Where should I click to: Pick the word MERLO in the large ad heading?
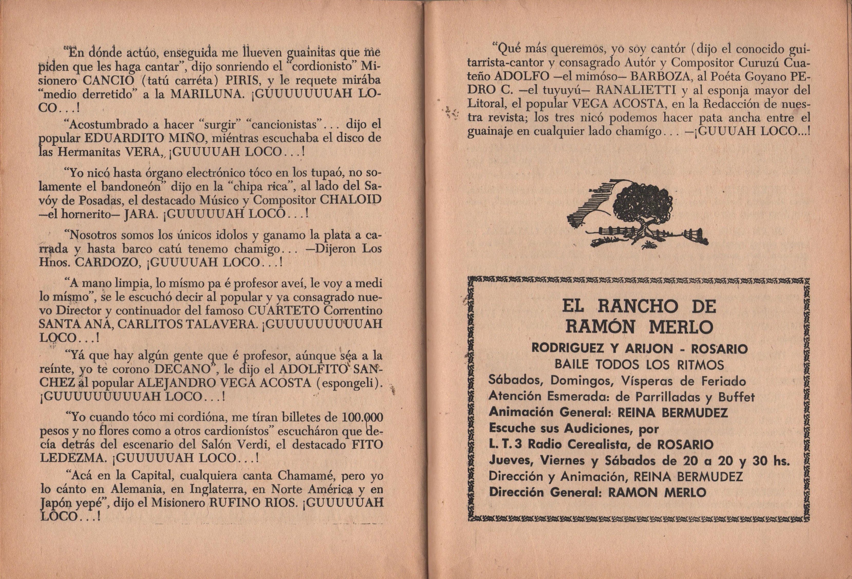pos(680,326)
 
